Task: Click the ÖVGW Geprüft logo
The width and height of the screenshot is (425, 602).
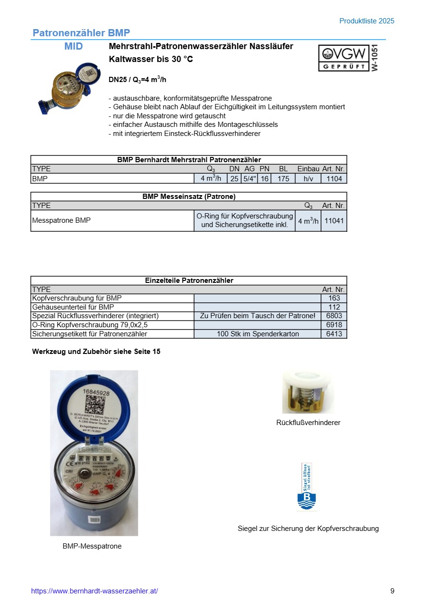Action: [344, 58]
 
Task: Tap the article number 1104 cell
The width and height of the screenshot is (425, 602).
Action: [334, 178]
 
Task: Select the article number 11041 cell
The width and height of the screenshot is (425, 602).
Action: [334, 221]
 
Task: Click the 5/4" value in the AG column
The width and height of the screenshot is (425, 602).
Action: [250, 178]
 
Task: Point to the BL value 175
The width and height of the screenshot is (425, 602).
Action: [283, 178]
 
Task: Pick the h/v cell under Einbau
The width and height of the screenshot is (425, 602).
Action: [308, 178]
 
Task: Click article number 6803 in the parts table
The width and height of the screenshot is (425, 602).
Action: [334, 316]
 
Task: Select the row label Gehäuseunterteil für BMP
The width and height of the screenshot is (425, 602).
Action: [73, 307]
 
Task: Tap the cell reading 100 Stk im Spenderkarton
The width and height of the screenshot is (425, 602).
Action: [258, 334]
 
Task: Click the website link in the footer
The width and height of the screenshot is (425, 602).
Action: [94, 591]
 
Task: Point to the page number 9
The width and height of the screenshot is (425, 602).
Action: [392, 591]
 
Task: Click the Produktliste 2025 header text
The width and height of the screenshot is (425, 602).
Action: [367, 21]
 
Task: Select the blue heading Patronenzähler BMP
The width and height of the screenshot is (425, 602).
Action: [81, 33]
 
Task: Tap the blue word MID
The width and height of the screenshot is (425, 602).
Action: [73, 46]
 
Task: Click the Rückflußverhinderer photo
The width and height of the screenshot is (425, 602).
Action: [308, 393]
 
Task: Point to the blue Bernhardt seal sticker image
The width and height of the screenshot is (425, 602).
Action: [306, 487]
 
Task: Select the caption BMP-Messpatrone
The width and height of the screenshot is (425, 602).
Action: [92, 546]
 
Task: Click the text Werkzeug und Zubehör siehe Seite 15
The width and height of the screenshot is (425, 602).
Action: [96, 352]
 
